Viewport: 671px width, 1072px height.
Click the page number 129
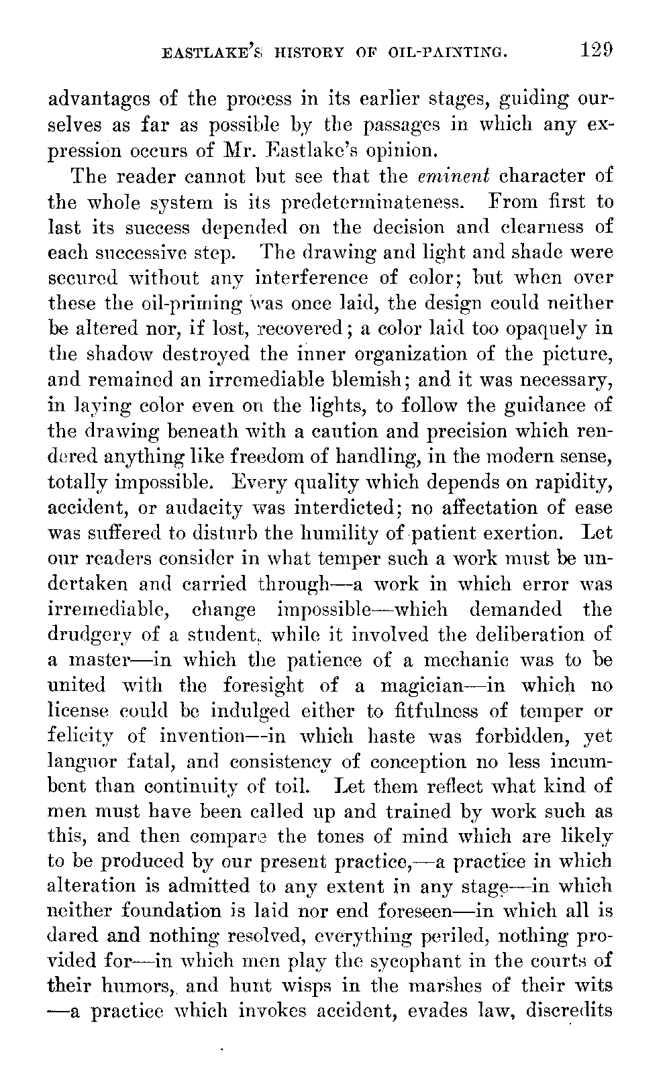593,50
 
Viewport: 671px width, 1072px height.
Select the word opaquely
551,329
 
